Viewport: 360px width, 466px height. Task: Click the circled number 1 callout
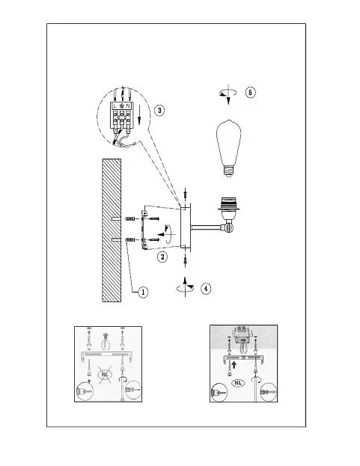point(143,292)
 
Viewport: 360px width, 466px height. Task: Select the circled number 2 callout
point(162,257)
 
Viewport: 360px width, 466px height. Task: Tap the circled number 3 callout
point(159,111)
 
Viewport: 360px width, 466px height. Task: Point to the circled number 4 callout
point(206,288)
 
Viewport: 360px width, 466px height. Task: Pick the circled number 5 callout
point(250,93)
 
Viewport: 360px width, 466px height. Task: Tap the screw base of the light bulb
point(228,171)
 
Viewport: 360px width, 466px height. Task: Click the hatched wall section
point(112,230)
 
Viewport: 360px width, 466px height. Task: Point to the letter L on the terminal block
point(115,105)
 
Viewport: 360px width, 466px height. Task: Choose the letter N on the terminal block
point(128,105)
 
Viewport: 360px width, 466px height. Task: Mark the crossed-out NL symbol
point(105,375)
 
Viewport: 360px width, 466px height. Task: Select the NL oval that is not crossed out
point(238,383)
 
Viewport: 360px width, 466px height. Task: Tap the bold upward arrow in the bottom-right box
point(234,365)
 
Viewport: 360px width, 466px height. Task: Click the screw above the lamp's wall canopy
point(186,195)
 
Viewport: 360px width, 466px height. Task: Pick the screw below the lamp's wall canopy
point(186,260)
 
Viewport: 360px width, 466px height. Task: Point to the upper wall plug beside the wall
point(130,219)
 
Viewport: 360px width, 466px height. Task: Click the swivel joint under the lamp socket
point(228,227)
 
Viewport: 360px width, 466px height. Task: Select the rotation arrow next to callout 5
point(228,93)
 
